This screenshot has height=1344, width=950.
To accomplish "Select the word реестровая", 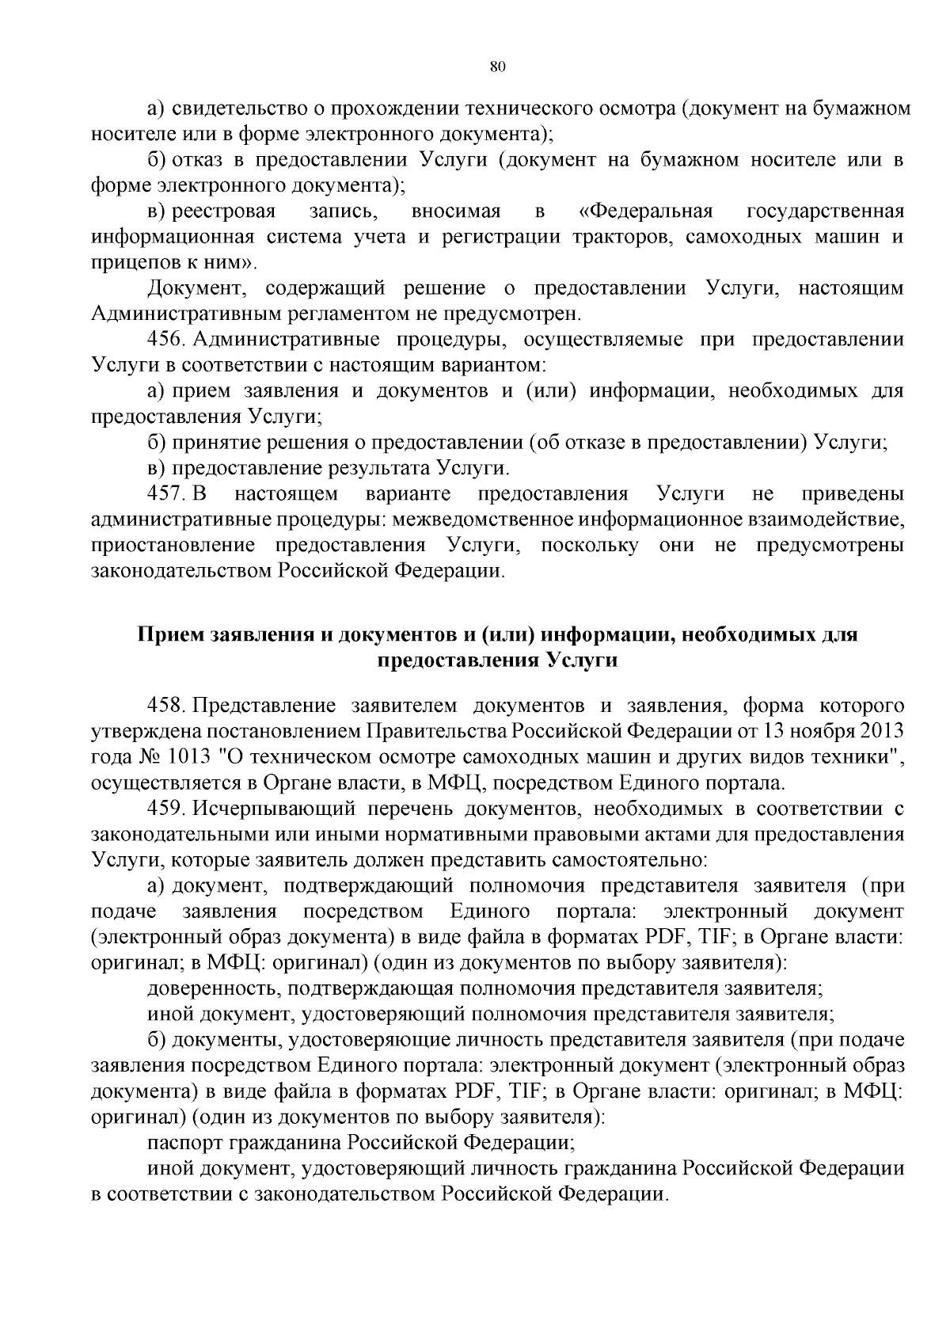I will (x=224, y=211).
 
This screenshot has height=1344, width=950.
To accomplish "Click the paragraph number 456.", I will (x=166, y=340).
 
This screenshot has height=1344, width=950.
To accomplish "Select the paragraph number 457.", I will (x=166, y=494).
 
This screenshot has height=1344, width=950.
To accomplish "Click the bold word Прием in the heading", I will (x=169, y=635).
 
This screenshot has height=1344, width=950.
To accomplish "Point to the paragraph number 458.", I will (x=166, y=706).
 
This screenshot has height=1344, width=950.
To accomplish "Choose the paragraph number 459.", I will (x=166, y=809).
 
